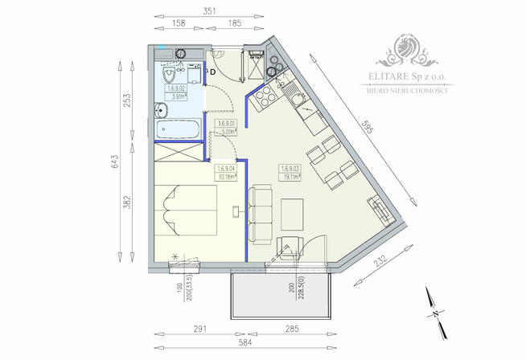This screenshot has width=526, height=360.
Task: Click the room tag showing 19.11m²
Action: [291, 173]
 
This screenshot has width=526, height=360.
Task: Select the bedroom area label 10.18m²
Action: [226, 173]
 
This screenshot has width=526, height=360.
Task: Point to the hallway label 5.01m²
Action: [227, 128]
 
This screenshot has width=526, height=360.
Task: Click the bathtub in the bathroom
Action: [178, 128]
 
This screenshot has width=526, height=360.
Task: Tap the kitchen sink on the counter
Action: [298, 102]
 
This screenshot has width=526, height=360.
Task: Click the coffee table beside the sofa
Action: [292, 211]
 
